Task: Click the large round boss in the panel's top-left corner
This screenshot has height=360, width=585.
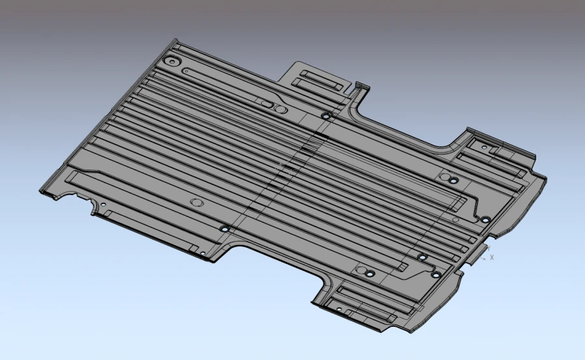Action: click(x=172, y=61)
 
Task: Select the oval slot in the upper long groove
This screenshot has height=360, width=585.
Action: click(x=267, y=103)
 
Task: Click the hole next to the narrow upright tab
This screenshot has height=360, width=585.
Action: click(x=326, y=116)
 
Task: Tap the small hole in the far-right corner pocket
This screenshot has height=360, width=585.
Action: click(x=484, y=148)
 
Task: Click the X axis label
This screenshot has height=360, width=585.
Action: click(x=492, y=257)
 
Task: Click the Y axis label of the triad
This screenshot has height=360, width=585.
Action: click(x=489, y=248)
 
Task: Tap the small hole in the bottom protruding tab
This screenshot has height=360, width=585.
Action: click(x=338, y=309)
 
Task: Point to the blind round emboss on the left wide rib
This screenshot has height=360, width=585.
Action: click(x=197, y=202)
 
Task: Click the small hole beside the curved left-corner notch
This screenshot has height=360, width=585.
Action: click(x=102, y=206)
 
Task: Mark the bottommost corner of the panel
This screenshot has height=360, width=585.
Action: click(x=409, y=334)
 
